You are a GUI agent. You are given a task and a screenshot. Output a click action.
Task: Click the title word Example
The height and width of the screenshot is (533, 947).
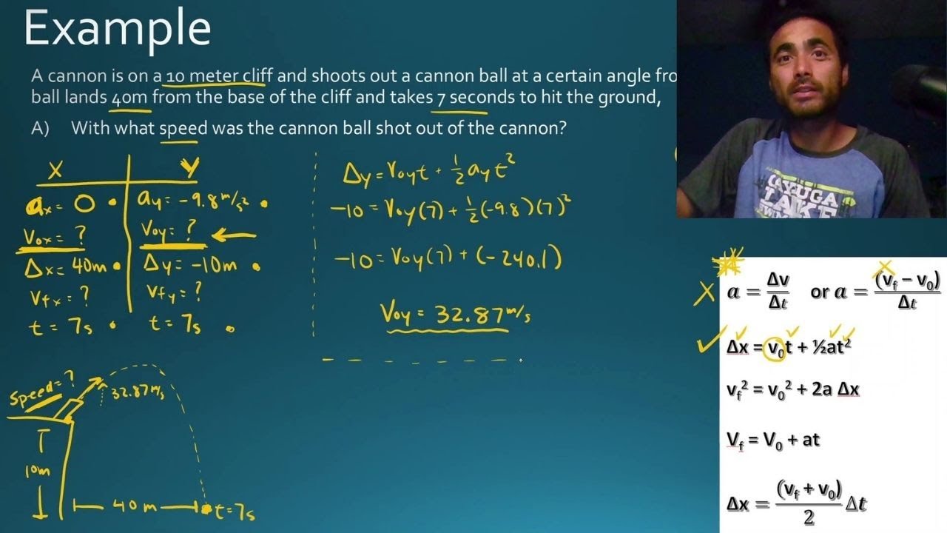[118, 30]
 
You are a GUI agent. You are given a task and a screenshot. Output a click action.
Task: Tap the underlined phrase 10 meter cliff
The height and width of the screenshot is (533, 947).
[219, 76]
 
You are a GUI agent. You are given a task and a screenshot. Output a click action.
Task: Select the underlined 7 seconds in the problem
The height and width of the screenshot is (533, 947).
[480, 98]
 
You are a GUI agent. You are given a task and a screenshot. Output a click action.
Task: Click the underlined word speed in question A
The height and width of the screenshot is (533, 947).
[183, 129]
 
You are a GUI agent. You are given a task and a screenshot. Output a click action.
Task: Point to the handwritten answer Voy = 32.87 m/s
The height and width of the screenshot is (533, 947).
[454, 314]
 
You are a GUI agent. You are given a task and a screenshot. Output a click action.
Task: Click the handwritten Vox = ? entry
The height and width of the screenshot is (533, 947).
[54, 237]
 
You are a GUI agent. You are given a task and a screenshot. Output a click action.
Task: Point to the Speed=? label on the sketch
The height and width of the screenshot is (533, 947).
[43, 390]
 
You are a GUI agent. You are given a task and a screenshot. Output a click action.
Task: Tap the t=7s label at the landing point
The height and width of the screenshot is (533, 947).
[232, 510]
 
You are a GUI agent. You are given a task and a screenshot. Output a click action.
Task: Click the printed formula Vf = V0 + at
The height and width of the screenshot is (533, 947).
[773, 439]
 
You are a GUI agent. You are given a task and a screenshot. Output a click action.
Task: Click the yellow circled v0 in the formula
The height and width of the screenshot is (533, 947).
[775, 347]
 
